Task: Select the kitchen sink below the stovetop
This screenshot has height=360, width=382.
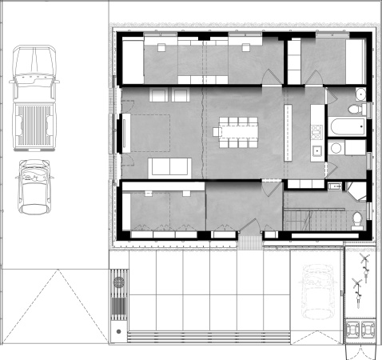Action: [x=317, y=149]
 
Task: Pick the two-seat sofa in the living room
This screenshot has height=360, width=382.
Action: [x=169, y=166]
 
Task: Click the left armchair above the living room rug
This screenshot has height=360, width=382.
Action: [x=157, y=95]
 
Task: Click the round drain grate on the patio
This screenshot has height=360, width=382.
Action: [x=118, y=330]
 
